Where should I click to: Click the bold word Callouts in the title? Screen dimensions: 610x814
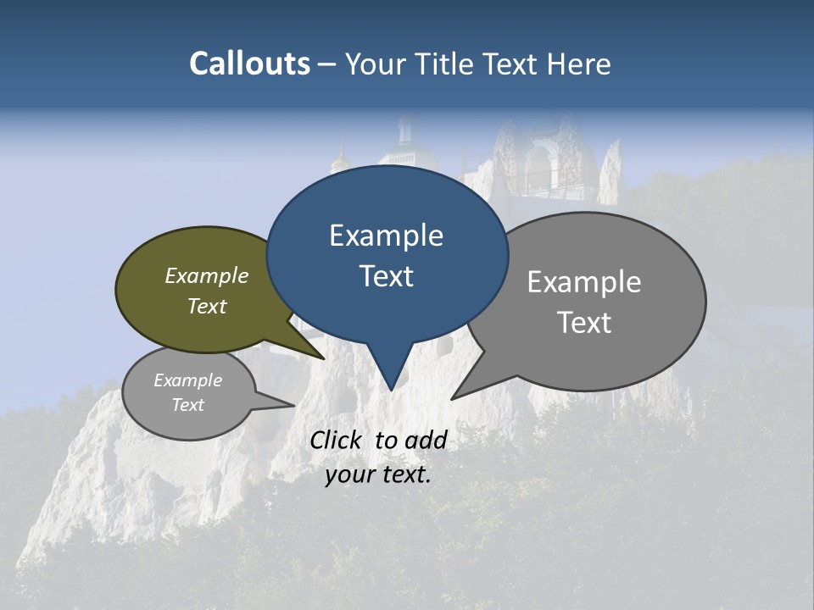(x=249, y=64)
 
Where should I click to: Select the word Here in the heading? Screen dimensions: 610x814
(x=580, y=64)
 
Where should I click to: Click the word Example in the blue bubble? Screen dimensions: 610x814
(x=386, y=236)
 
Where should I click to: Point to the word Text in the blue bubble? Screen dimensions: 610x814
(x=386, y=276)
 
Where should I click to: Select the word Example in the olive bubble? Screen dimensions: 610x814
(x=207, y=275)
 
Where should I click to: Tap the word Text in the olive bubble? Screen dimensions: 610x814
(x=207, y=306)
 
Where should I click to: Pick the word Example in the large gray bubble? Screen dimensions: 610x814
(x=584, y=282)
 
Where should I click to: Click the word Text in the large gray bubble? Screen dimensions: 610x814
(x=584, y=323)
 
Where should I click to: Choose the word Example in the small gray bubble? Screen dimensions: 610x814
(x=187, y=380)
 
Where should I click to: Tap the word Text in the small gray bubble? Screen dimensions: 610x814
(x=187, y=405)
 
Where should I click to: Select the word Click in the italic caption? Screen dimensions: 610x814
(x=337, y=440)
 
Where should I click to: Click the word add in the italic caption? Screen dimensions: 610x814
(x=426, y=440)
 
